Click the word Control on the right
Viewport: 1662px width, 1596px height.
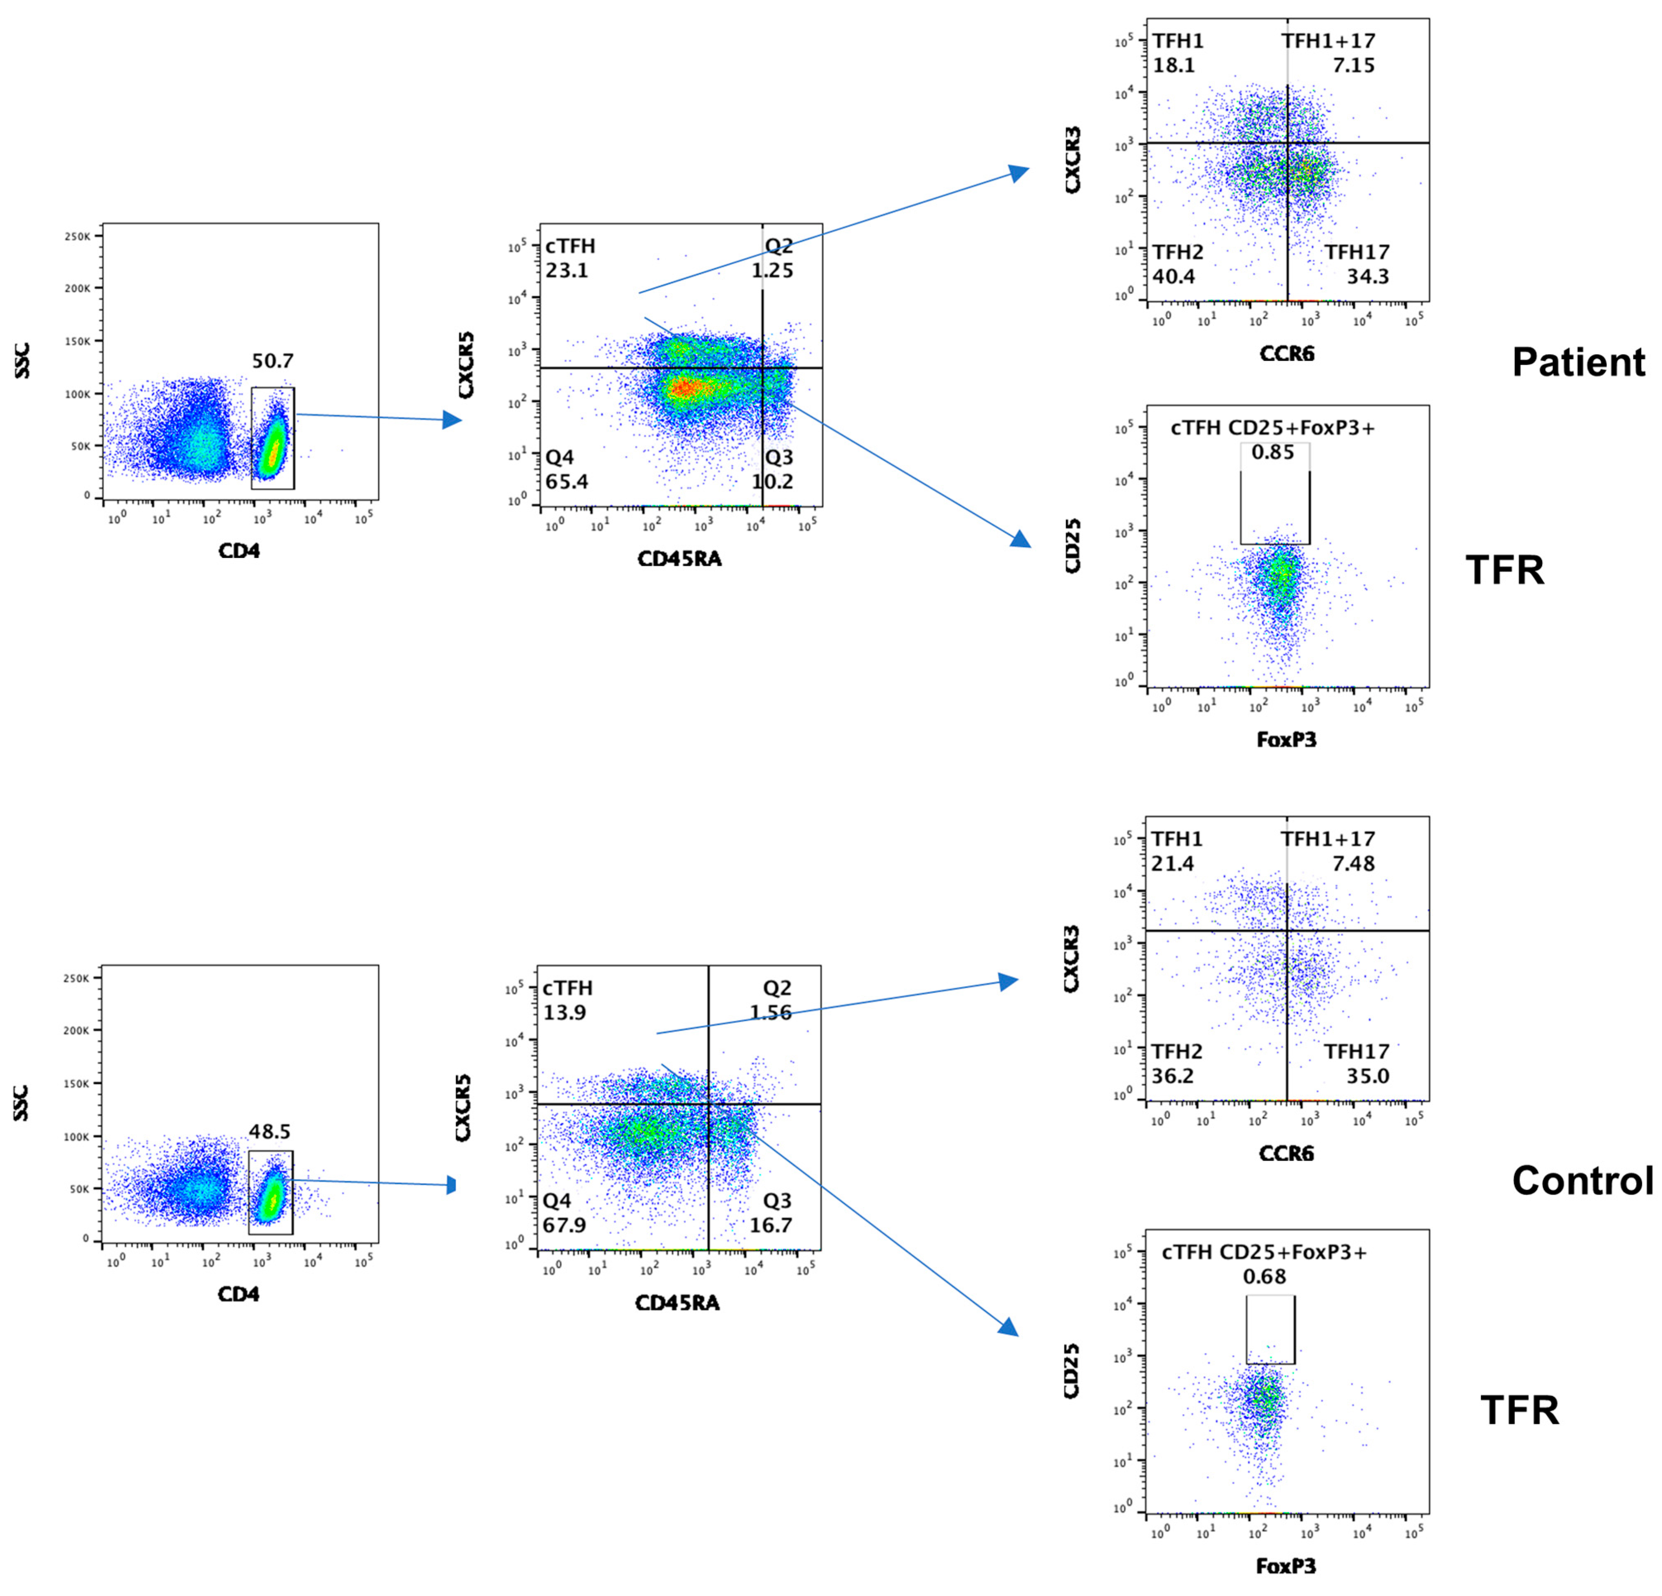1582,1180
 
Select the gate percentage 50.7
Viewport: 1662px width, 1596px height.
272,361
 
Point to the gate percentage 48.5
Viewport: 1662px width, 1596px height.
270,1131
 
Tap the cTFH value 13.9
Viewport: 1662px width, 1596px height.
565,1012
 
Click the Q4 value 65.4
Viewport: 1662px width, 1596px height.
567,482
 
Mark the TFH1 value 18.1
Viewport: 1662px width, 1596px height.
1174,65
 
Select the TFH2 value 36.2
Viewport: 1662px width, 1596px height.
1173,1076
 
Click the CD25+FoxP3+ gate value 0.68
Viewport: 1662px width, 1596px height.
1264,1276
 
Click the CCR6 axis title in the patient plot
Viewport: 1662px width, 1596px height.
1286,354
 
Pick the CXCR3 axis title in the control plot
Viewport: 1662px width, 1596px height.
1072,958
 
